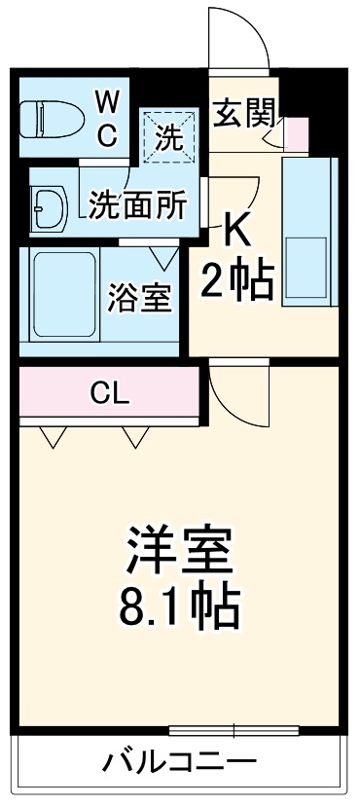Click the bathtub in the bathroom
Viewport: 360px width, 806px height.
coord(63,295)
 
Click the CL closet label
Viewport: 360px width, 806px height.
coord(110,392)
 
